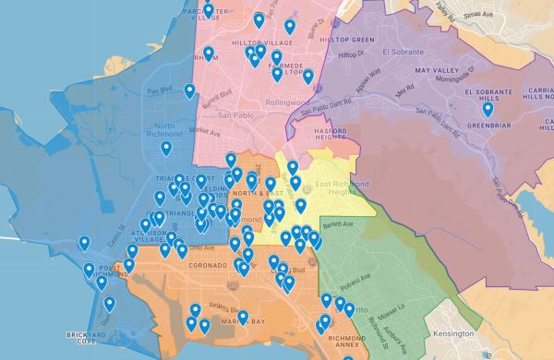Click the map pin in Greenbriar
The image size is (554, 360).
[x=488, y=109]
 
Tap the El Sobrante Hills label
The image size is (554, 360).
[x=493, y=97]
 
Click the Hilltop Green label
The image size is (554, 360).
[x=350, y=40]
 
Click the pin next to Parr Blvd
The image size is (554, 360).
[x=189, y=90]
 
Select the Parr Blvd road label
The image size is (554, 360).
[x=160, y=90]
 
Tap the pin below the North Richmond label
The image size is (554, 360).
[x=166, y=148]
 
